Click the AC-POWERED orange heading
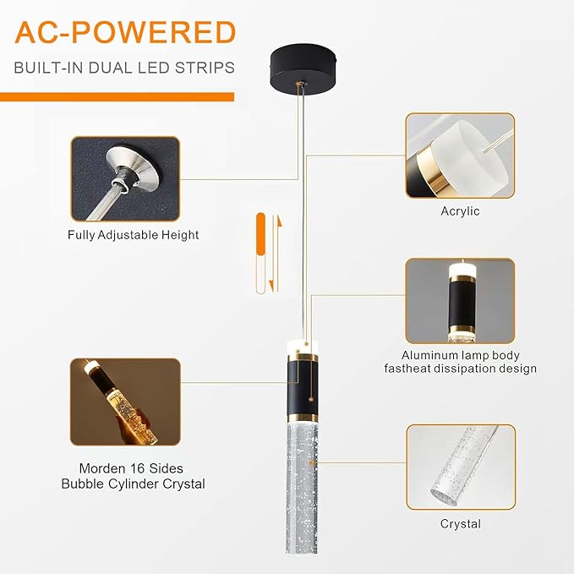[x=125, y=32]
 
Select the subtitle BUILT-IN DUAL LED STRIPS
[x=124, y=68]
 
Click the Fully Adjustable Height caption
[x=134, y=235]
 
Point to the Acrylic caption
[x=460, y=210]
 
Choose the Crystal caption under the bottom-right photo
[x=461, y=523]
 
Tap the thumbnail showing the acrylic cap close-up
[x=460, y=156]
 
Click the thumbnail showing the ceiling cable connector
[x=125, y=178]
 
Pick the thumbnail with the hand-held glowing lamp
[x=125, y=402]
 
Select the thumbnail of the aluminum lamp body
[x=460, y=301]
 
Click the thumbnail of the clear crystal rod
[x=461, y=467]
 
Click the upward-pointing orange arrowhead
[x=279, y=221]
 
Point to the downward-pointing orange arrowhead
[x=271, y=286]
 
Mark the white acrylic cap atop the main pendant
[x=302, y=347]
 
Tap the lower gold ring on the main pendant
[x=302, y=418]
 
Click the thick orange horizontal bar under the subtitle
[x=118, y=97]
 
